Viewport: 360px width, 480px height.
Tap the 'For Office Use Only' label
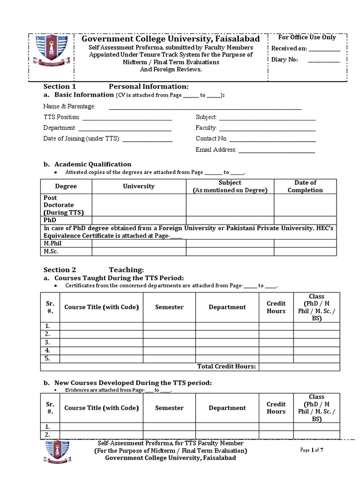coord(307,37)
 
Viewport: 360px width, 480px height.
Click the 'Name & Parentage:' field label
coord(69,106)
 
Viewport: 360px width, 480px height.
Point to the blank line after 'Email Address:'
coord(277,150)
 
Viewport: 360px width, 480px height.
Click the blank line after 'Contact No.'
coord(272,139)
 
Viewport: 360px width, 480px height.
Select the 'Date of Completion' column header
coord(305,186)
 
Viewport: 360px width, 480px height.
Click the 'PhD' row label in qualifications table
coord(50,219)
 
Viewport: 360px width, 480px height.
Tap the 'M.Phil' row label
coord(52,243)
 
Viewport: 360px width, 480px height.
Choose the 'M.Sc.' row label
coord(51,252)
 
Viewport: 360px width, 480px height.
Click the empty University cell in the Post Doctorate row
coord(139,205)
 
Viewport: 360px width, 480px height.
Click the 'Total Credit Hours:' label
coord(226,367)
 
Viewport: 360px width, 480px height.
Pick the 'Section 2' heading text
coord(60,270)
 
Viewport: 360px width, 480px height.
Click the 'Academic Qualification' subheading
coord(93,164)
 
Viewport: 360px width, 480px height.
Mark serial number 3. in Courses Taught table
coord(47,342)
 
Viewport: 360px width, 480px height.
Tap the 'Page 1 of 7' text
coord(312,450)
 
